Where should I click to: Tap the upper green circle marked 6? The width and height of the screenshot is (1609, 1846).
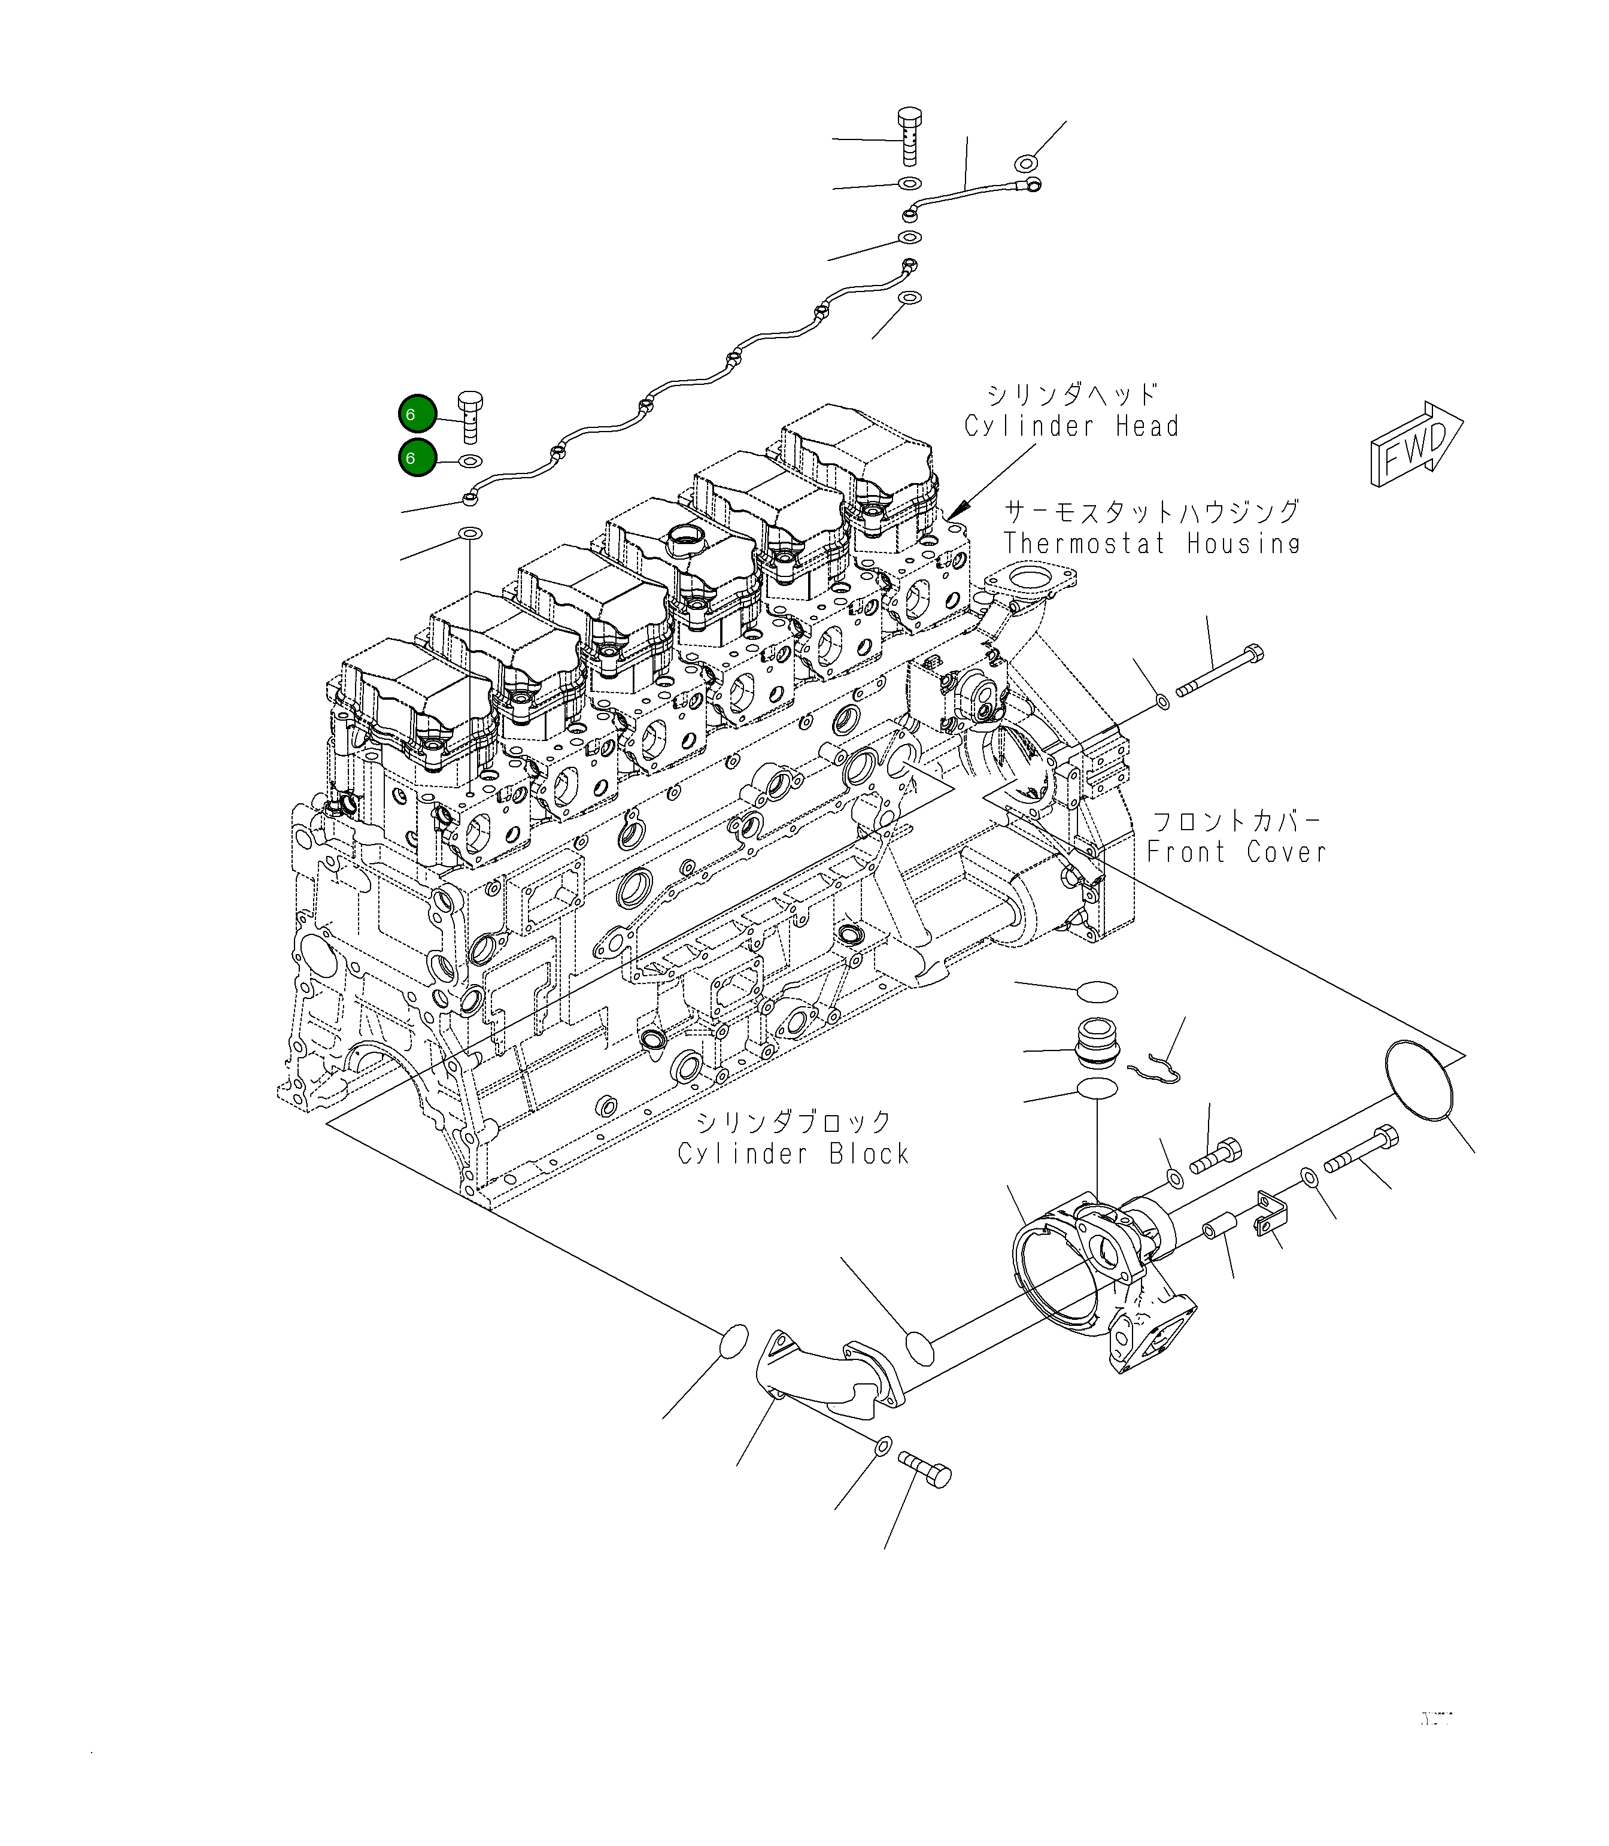coord(418,415)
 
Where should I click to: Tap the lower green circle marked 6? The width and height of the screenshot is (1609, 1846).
coord(418,458)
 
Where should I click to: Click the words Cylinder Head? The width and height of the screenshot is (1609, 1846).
coord(1071,426)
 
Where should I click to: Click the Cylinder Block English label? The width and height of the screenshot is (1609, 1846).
coord(793,1154)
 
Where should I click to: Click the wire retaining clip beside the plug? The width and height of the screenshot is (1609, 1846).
coord(1155,1068)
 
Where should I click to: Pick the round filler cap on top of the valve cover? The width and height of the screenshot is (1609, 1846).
coord(687,541)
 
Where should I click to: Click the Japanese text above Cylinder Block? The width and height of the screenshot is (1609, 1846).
coord(795,1122)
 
